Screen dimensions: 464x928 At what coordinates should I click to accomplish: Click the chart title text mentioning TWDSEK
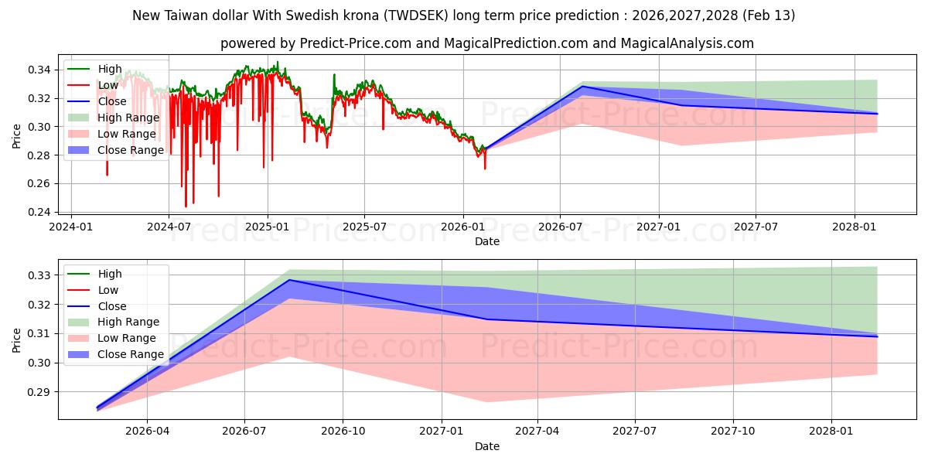(464, 15)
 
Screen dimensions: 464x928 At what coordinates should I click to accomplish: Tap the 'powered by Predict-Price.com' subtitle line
(487, 43)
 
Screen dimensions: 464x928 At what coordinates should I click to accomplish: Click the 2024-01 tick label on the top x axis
(71, 227)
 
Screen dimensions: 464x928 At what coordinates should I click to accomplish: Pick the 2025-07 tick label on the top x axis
(364, 227)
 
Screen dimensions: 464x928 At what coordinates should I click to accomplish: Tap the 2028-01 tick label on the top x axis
(854, 227)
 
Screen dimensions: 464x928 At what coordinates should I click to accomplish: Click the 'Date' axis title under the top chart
(487, 241)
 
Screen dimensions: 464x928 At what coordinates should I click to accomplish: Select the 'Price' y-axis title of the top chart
(17, 136)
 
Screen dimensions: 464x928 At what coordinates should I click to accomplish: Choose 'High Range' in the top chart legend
(128, 118)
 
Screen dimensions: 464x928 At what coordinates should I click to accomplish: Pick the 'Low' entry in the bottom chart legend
(108, 290)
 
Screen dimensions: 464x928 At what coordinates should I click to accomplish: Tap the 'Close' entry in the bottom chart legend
(112, 306)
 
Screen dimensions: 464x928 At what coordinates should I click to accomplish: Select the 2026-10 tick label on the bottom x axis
(343, 430)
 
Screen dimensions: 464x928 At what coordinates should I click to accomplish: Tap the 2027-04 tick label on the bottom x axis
(537, 430)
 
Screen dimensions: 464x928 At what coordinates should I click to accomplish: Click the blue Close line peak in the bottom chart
(289, 280)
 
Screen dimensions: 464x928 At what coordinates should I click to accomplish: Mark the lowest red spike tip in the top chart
(186, 207)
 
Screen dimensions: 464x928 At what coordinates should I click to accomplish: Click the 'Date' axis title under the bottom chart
(487, 446)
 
